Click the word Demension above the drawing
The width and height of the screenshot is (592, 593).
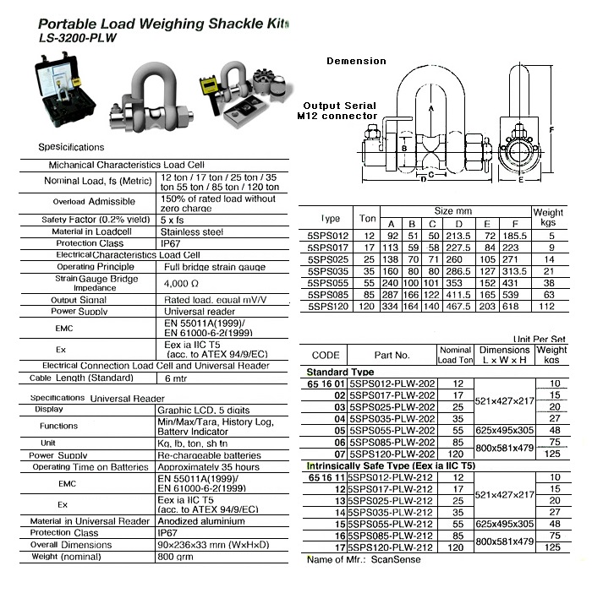click(356, 61)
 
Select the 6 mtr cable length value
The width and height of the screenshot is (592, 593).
click(176, 378)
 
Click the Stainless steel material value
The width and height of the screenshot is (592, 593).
click(191, 231)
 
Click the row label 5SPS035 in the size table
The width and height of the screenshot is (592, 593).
click(328, 271)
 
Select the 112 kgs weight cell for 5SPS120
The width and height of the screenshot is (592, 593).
click(548, 307)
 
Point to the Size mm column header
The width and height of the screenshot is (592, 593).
click(453, 210)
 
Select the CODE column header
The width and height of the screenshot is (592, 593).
click(326, 356)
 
